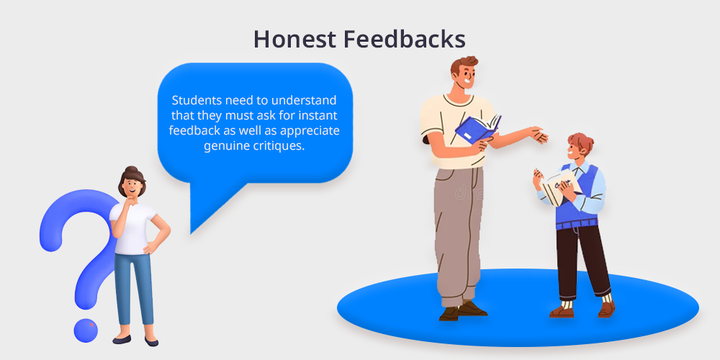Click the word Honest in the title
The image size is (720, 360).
pos(294,40)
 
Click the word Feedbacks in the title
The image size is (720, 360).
pos(405,40)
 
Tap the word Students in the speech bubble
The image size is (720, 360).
pos(192,100)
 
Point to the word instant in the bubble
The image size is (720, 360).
pos(320,115)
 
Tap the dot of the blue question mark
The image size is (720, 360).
pos(86,330)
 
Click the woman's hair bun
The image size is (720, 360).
pos(131,169)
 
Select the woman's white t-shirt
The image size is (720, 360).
pos(133,228)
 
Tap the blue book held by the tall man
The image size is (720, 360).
pos(478,128)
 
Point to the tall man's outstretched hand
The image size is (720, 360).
pos(539,135)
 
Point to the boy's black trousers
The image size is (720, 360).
pos(582,261)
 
